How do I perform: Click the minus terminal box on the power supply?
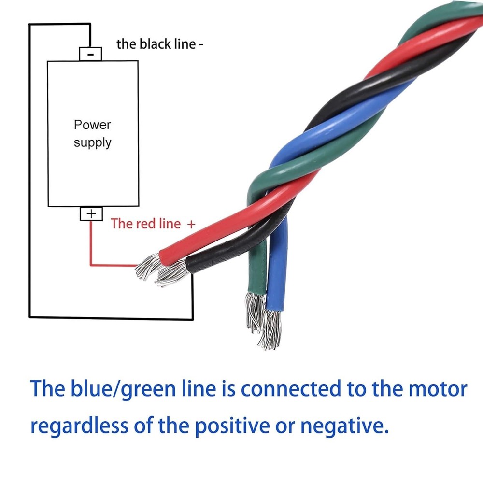click(91, 54)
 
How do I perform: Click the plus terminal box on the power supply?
click(91, 213)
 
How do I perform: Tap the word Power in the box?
click(92, 125)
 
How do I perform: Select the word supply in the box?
click(92, 143)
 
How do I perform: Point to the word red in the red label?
click(145, 224)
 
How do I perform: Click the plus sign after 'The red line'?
click(191, 224)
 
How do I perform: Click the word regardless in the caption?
click(80, 426)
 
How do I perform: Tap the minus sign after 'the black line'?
click(201, 44)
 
